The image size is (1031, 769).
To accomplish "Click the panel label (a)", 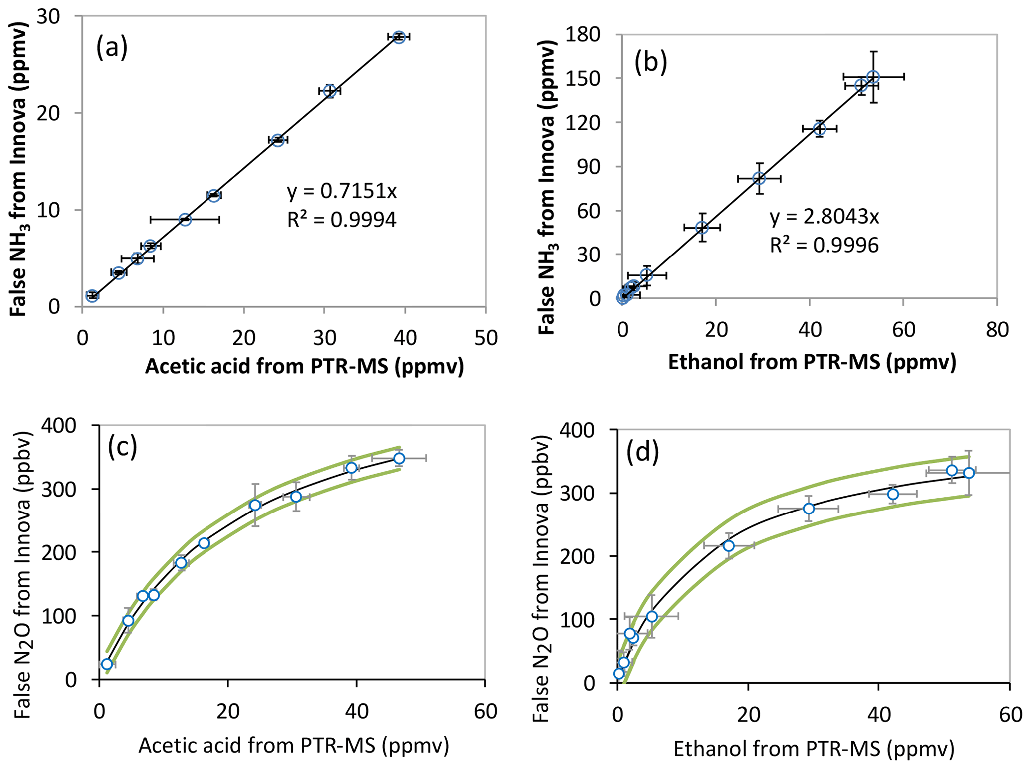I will click(x=112, y=48).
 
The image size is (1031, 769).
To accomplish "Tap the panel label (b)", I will click(x=650, y=64).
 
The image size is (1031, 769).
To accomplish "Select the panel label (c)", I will click(x=122, y=447).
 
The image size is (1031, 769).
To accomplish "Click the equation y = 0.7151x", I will click(x=342, y=191).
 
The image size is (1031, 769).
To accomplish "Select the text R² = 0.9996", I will click(x=824, y=245).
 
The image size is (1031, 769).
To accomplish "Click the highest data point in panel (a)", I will click(x=398, y=37).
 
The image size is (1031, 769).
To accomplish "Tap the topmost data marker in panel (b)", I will click(x=873, y=77).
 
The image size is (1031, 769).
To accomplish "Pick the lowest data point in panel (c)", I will click(x=107, y=664).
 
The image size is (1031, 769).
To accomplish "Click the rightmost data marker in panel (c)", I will click(x=399, y=458).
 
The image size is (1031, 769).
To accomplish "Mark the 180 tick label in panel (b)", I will click(x=590, y=35).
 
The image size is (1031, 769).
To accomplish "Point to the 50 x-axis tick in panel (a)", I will click(x=486, y=339).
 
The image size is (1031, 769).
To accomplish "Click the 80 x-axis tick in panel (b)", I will click(x=997, y=330).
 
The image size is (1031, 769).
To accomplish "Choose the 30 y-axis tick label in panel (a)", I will click(x=48, y=17).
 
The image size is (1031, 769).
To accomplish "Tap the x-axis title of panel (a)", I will click(x=304, y=367).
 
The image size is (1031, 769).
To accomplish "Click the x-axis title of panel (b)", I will click(x=812, y=362).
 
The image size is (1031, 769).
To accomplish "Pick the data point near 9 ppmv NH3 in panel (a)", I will click(x=185, y=219).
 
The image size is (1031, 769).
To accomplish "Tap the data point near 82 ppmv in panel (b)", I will click(x=759, y=178).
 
